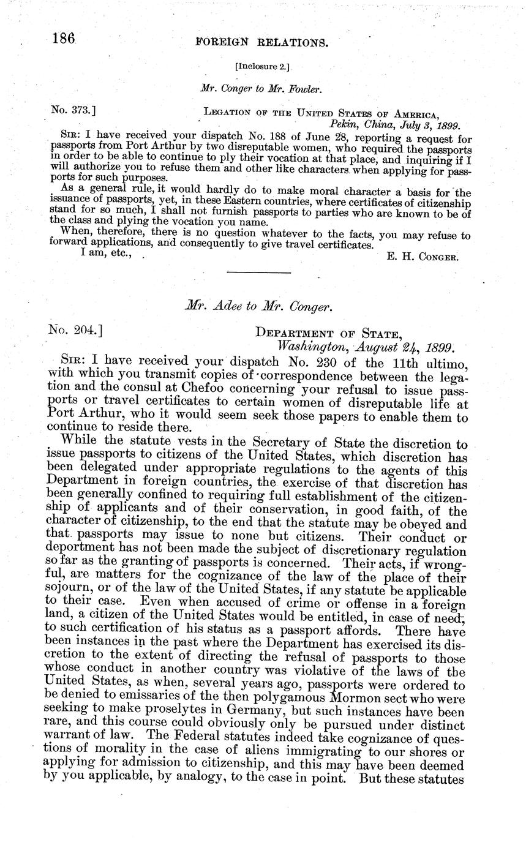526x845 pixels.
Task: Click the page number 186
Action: pyautogui.click(x=64, y=39)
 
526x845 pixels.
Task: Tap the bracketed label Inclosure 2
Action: pyautogui.click(x=262, y=66)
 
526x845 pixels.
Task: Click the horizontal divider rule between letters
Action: pyautogui.click(x=258, y=272)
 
